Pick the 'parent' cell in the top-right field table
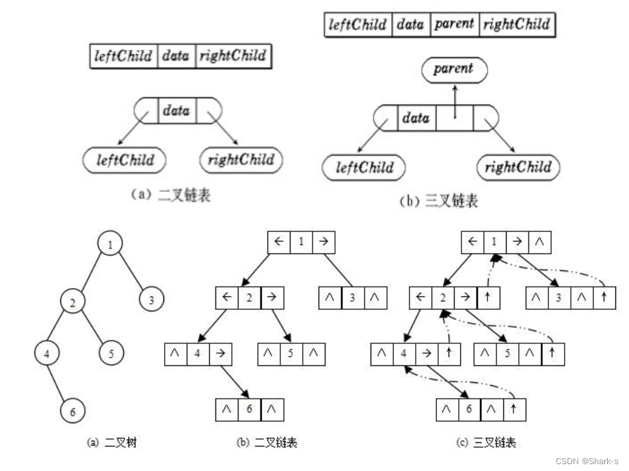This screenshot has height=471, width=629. click(x=454, y=25)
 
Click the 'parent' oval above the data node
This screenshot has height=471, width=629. click(x=453, y=69)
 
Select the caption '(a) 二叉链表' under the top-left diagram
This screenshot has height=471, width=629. click(x=171, y=195)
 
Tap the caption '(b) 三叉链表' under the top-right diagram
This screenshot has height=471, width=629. click(x=438, y=201)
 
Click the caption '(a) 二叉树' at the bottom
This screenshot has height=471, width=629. click(x=112, y=443)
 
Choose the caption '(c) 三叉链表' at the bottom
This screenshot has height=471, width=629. click(x=485, y=443)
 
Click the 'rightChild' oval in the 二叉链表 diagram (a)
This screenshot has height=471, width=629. click(x=241, y=160)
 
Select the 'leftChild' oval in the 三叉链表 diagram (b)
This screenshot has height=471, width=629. click(x=364, y=168)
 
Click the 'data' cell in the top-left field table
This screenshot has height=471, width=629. click(x=176, y=56)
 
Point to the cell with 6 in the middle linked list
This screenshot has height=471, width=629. click(x=249, y=410)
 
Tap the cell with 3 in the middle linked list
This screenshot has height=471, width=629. click(x=353, y=298)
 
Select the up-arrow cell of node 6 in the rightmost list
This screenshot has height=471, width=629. click(x=515, y=410)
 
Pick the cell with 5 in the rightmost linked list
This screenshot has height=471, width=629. click(x=507, y=354)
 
